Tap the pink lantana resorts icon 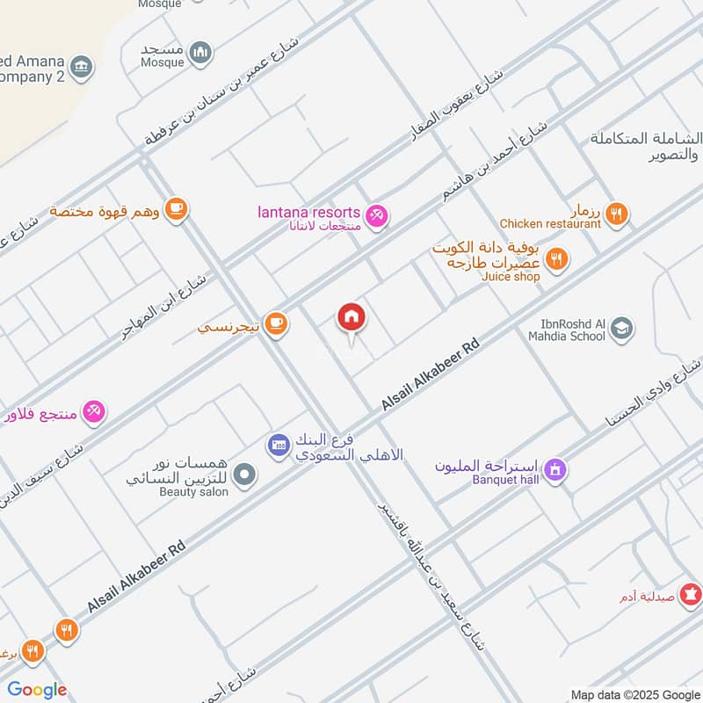(x=377, y=214)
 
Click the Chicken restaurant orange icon (x=617, y=212)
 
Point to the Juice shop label (x=511, y=277)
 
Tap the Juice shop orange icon (x=556, y=258)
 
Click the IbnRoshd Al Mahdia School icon (x=622, y=328)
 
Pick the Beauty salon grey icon (x=246, y=475)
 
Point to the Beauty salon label (x=193, y=492)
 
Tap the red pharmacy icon (x=692, y=595)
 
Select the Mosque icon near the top (x=201, y=52)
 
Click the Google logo (x=37, y=690)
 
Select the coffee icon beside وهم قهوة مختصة (x=177, y=209)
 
